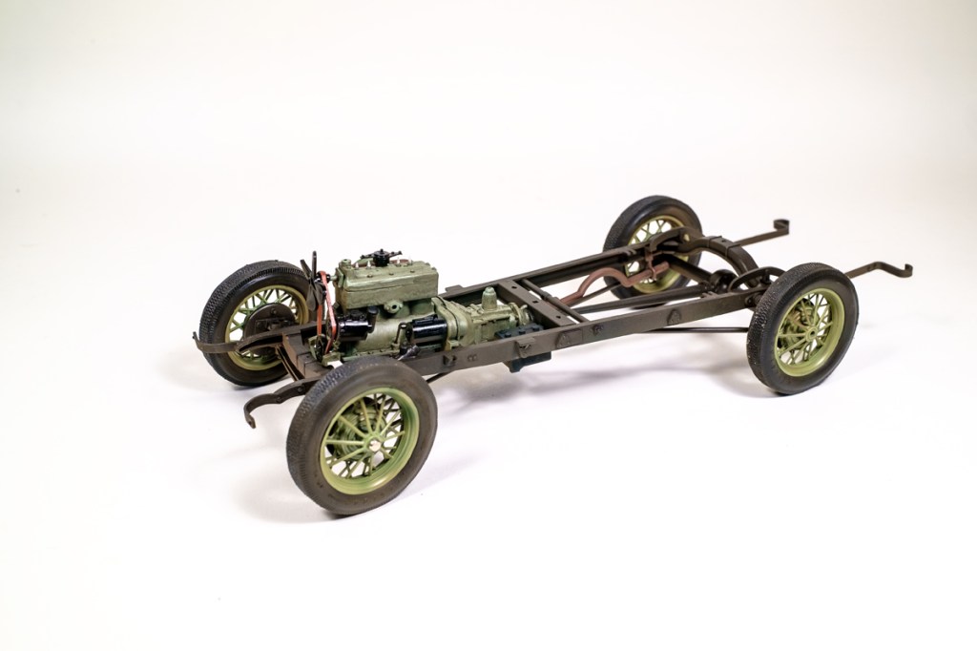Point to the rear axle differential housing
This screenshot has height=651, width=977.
click(x=728, y=280)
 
